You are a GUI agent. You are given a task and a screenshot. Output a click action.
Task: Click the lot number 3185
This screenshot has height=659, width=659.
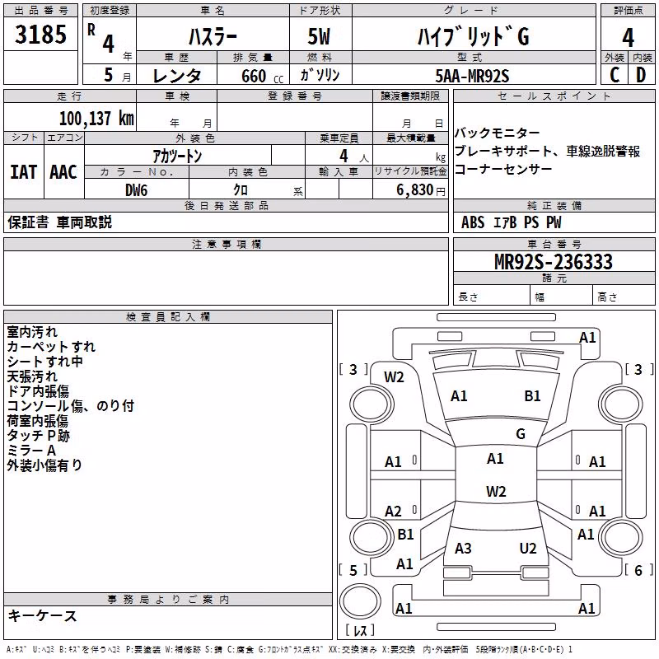coord(40,34)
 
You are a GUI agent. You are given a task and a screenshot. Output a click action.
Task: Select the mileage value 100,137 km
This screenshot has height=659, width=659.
coord(96,119)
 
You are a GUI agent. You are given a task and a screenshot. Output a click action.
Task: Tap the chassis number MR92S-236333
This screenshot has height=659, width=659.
coord(554,262)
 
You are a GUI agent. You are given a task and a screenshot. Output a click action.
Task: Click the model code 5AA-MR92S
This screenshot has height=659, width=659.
coord(472,76)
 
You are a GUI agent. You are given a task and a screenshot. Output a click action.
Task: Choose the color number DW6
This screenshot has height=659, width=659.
coord(137,190)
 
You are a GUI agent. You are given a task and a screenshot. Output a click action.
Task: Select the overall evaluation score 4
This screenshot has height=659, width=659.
coord(628,38)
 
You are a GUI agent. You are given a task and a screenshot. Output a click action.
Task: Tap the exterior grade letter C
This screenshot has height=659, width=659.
coord(615,75)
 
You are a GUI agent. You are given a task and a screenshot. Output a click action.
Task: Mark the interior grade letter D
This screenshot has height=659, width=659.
coord(641,75)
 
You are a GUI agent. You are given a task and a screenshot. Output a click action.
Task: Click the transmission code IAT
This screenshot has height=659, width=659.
coord(23,172)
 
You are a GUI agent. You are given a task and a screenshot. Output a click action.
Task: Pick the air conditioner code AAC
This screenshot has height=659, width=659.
coord(63,172)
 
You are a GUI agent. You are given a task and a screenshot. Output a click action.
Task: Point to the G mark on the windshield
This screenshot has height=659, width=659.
coord(521,434)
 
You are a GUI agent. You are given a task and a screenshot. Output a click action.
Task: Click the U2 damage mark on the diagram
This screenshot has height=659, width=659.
coord(528,549)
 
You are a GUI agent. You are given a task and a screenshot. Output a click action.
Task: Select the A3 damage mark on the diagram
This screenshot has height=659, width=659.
coord(463,549)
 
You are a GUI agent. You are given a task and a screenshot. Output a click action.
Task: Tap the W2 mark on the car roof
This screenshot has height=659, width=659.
coord(496,491)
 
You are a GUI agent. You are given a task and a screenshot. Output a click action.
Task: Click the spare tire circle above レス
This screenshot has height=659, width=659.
coord(360,601)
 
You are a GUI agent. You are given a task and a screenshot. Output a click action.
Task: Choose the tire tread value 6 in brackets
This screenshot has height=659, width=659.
coord(638,570)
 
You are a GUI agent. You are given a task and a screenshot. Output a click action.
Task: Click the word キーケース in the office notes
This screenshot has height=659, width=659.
coord(43,616)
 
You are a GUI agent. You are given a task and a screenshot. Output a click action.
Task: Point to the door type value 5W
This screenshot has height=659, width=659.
coord(319,36)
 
